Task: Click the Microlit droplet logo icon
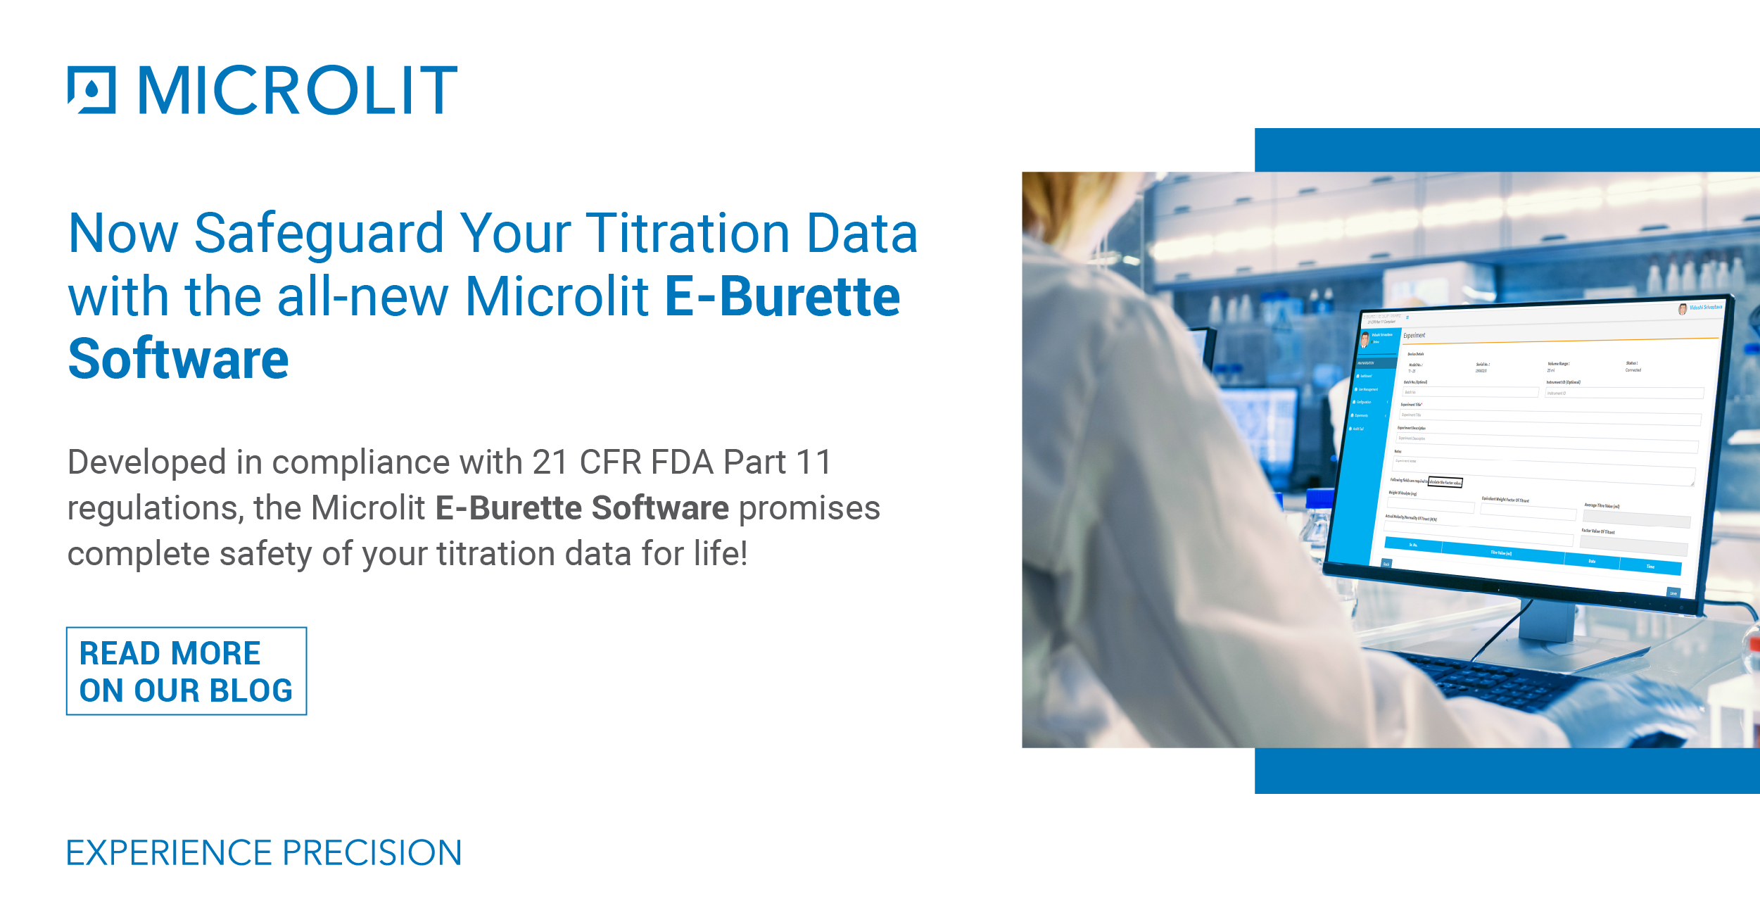point(91,90)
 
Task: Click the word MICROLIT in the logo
point(298,90)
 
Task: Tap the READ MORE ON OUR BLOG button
point(186,671)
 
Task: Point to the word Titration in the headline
point(688,234)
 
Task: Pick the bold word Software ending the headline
point(178,360)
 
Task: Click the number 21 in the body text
point(550,463)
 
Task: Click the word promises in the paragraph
point(809,509)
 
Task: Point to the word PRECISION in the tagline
point(372,853)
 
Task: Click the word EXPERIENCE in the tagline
point(169,853)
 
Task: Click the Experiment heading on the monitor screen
point(1414,336)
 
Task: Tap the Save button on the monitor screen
point(1673,593)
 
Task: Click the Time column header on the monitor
point(1650,567)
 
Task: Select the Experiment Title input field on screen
point(1548,417)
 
